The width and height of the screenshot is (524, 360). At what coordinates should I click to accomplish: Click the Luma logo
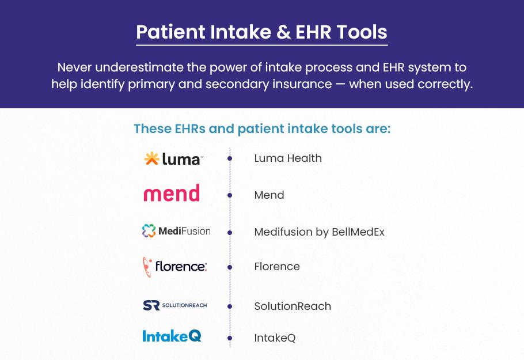pyautogui.click(x=173, y=158)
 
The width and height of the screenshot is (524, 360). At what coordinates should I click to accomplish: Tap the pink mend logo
pyautogui.click(x=172, y=193)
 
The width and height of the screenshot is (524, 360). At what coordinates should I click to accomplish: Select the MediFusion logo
pyautogui.click(x=176, y=231)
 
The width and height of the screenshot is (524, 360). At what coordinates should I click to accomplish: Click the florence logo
pyautogui.click(x=175, y=267)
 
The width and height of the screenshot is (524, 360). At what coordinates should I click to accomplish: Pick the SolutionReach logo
pyautogui.click(x=175, y=305)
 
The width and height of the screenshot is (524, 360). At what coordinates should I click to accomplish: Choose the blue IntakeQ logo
pyautogui.click(x=172, y=336)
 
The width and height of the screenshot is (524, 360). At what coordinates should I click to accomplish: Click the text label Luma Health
pyautogui.click(x=288, y=158)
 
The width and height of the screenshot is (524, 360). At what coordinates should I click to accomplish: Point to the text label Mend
pyautogui.click(x=269, y=195)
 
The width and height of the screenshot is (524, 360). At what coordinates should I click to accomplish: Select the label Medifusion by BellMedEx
pyautogui.click(x=319, y=232)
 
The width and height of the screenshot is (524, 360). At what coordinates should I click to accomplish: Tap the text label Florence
pyautogui.click(x=277, y=267)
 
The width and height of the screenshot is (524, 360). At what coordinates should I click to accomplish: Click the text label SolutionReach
pyautogui.click(x=293, y=306)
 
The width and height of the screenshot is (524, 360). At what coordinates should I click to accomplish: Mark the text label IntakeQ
pyautogui.click(x=275, y=338)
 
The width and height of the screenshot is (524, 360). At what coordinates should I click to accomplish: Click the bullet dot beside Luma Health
pyautogui.click(x=230, y=158)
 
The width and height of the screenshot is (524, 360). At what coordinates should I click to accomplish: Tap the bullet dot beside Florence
pyautogui.click(x=230, y=267)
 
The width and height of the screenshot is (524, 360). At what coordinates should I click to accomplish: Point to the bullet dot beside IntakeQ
pyautogui.click(x=230, y=338)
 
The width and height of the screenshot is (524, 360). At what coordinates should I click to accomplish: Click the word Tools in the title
pyautogui.click(x=362, y=32)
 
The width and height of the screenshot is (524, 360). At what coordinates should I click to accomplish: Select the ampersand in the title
pyautogui.click(x=283, y=32)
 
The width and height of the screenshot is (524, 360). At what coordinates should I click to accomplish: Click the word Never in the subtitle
pyautogui.click(x=74, y=67)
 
